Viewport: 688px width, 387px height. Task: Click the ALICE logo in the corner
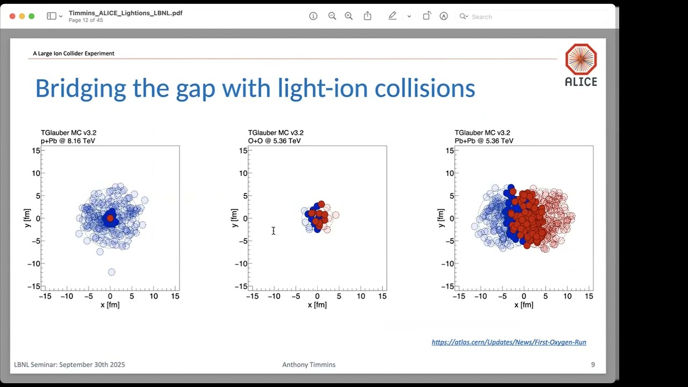coord(580,64)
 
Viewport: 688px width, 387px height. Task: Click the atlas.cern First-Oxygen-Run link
coord(508,342)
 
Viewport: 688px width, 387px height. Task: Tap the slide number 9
coord(593,364)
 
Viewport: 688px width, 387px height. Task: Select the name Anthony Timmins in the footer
coord(309,364)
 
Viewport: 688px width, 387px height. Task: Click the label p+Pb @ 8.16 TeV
coord(68,141)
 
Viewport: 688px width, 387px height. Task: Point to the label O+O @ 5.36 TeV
coord(274,141)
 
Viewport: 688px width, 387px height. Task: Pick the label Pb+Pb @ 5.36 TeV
coord(484,141)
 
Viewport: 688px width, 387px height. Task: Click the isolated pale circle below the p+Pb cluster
coord(111,272)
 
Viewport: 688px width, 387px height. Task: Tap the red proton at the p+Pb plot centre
coord(110,218)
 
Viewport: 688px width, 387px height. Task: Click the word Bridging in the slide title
coord(81,88)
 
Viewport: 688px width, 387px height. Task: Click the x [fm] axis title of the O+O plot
coord(317,305)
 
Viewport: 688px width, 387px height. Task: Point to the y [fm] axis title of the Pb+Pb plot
coord(441,218)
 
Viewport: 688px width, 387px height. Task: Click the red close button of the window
coord(12,16)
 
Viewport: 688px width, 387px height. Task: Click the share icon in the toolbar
coord(368,16)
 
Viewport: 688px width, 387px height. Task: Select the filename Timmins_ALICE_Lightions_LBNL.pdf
coord(125,13)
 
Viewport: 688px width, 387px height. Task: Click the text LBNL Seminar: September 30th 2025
coord(69,364)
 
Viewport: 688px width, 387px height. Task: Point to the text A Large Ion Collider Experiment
coord(74,53)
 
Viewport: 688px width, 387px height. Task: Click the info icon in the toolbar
coord(313,16)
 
